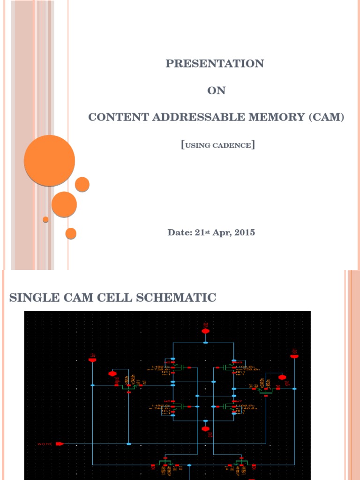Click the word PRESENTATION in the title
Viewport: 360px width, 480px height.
(x=215, y=64)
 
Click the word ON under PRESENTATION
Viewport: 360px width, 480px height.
(x=217, y=91)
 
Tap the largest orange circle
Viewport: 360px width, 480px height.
(x=49, y=160)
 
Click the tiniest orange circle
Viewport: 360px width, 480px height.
(x=45, y=219)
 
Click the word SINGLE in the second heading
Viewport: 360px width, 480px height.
(x=31, y=297)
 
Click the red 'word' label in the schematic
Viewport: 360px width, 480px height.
(x=45, y=443)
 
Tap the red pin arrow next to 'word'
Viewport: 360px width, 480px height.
(x=60, y=443)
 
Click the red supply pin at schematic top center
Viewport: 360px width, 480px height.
(x=205, y=330)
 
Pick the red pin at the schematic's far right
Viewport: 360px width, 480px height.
(x=294, y=356)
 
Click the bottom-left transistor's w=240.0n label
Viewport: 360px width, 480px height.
(x=160, y=408)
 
